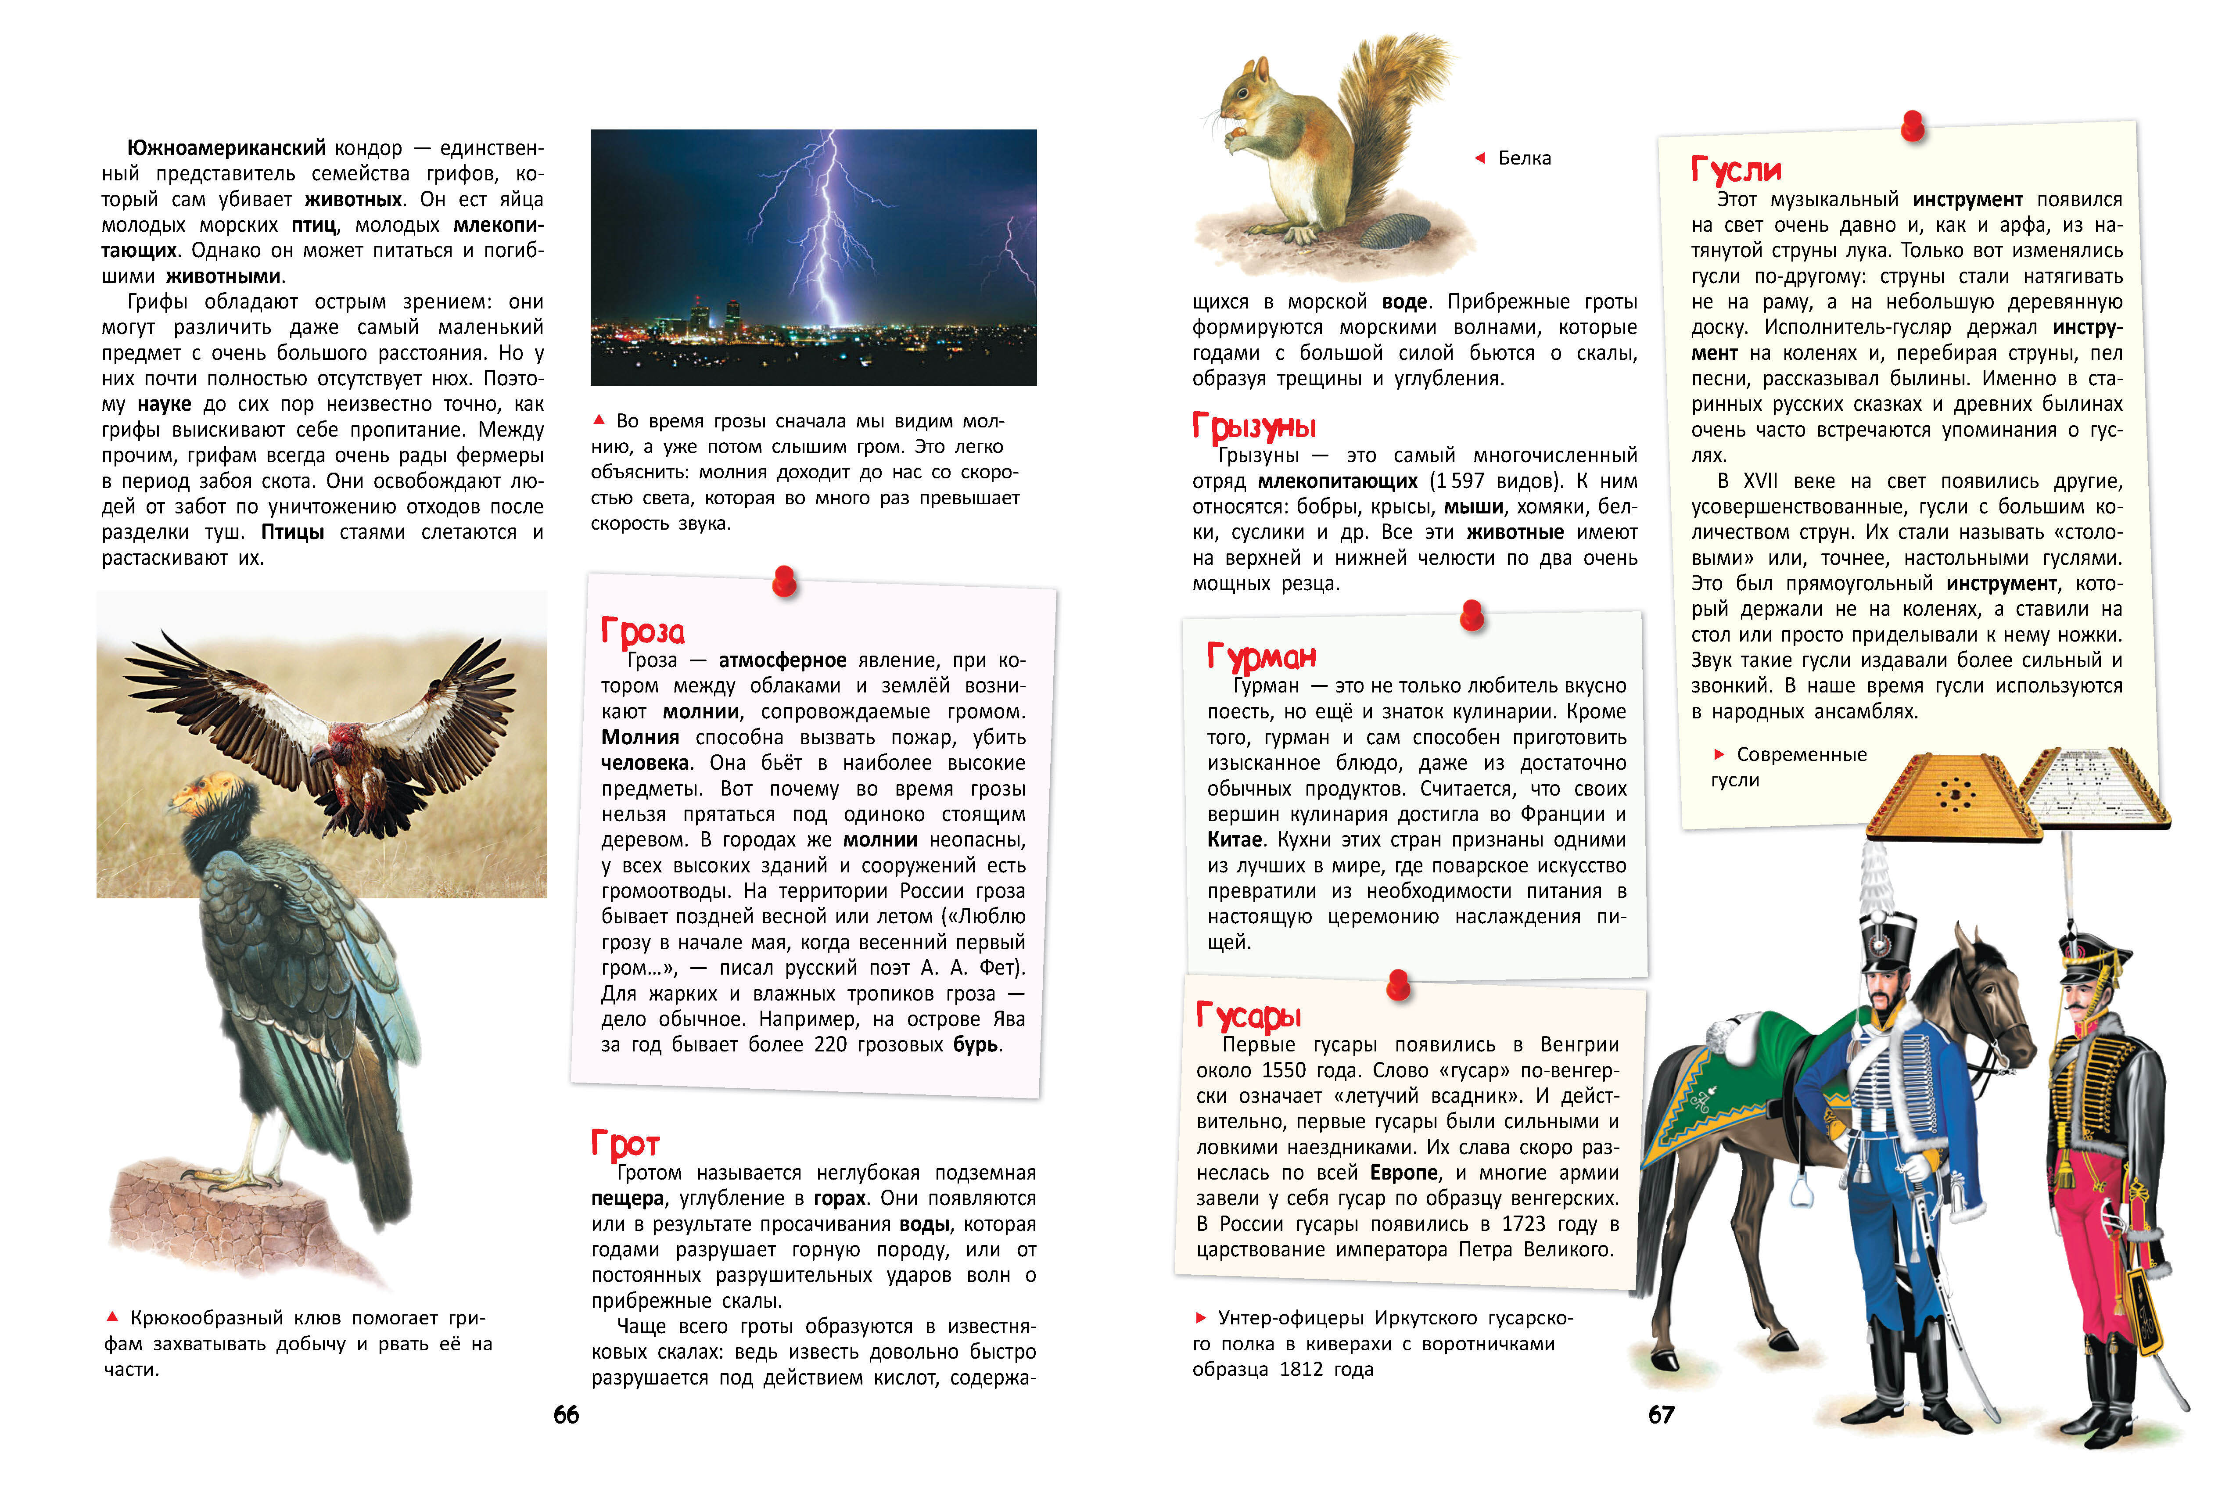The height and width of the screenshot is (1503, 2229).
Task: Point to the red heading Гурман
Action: [x=1261, y=656]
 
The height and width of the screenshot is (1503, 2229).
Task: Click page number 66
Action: [x=566, y=1415]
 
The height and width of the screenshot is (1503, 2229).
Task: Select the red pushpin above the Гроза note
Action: [x=784, y=580]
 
